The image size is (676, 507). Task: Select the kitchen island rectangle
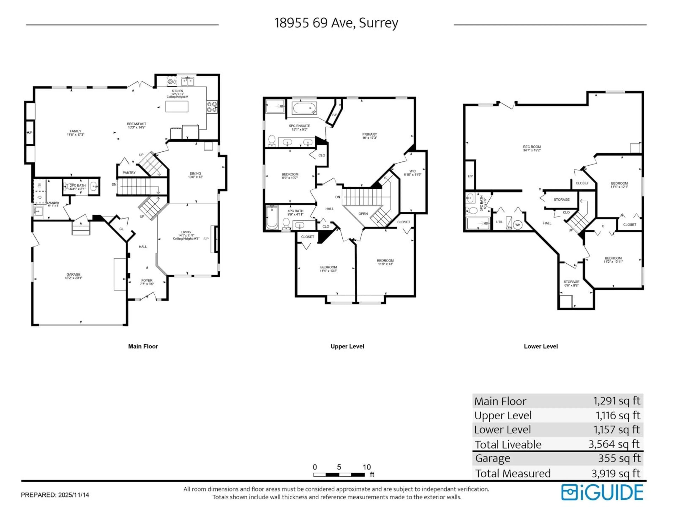click(x=177, y=106)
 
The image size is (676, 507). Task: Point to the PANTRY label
click(x=129, y=173)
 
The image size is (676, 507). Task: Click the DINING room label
click(x=195, y=175)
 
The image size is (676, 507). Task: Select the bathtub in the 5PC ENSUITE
click(x=304, y=108)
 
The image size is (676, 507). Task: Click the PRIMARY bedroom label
click(x=370, y=136)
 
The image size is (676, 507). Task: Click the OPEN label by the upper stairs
click(x=363, y=214)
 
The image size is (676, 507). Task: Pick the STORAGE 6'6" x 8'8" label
click(x=571, y=283)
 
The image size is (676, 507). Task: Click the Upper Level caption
click(x=347, y=346)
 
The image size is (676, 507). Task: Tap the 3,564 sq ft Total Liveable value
click(x=614, y=444)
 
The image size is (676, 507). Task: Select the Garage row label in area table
click(x=493, y=458)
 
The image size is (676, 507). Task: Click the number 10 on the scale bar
click(x=366, y=467)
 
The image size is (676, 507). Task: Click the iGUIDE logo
click(x=602, y=492)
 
